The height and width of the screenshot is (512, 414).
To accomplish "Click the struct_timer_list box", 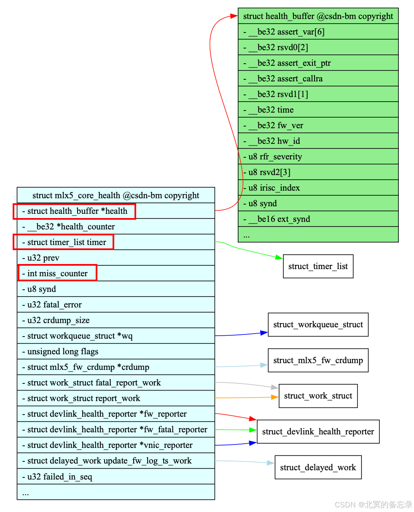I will [x=318, y=266].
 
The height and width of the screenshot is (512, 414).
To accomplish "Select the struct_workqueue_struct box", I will [x=318, y=324].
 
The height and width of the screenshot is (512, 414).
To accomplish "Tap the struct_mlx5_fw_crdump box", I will [x=318, y=360].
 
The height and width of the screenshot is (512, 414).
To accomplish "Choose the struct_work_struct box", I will [x=318, y=396].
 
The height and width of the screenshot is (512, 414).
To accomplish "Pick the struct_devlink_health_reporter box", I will [x=318, y=431].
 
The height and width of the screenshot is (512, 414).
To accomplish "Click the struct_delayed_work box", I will [x=318, y=467].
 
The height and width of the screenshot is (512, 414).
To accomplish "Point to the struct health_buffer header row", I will [x=318, y=16].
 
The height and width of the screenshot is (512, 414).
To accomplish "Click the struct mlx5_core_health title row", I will [x=116, y=195].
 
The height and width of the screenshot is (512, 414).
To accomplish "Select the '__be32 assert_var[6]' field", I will [x=318, y=32].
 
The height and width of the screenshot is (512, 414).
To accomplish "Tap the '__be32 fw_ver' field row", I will [x=318, y=125].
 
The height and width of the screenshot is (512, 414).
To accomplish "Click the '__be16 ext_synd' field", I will [x=318, y=219].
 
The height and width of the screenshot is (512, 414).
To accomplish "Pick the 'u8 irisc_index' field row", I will [x=318, y=188].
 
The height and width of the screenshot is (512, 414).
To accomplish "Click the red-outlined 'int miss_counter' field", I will [x=57, y=273].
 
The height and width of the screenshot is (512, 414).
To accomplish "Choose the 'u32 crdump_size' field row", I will [x=116, y=320].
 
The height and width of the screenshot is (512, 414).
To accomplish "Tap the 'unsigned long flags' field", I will [x=116, y=351].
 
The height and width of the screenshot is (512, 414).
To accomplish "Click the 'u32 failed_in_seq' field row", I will [x=116, y=477].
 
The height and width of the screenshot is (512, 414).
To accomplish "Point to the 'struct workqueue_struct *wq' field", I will [x=116, y=336].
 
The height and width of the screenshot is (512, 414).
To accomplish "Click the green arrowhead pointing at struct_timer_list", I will [x=279, y=257].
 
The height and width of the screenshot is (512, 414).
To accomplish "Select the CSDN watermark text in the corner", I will [x=373, y=504].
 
